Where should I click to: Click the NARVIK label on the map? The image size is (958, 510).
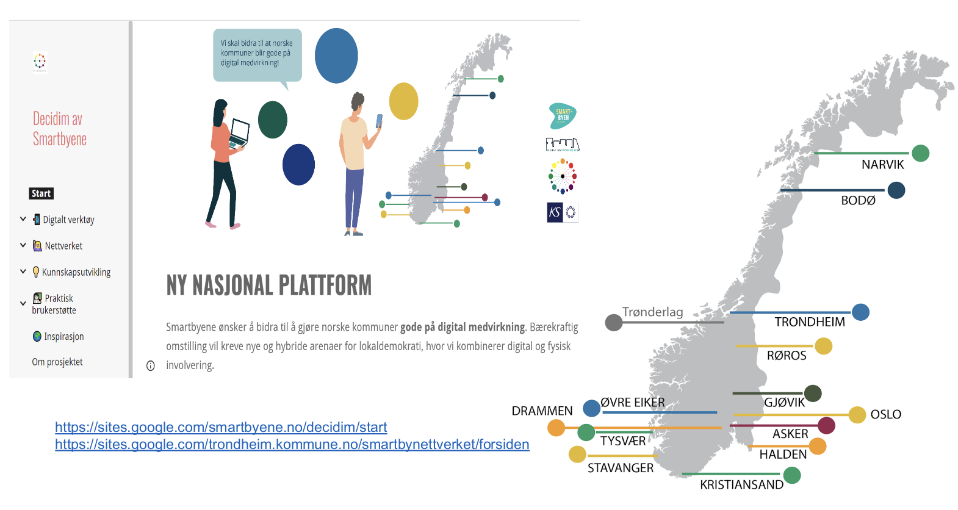[882, 165]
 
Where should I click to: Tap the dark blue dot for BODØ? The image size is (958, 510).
[896, 190]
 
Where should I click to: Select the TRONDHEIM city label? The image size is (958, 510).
[810, 322]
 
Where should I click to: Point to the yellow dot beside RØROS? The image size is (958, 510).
[823, 347]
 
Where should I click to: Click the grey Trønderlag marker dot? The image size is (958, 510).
[613, 322]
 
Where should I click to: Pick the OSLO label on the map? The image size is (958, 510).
[885, 415]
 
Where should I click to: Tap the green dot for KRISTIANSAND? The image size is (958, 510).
[791, 475]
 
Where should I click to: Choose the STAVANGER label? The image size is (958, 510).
[620, 468]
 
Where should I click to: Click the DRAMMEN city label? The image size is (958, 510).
[542, 411]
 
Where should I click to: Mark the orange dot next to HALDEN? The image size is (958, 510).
[817, 447]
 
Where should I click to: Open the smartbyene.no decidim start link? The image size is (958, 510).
[221, 428]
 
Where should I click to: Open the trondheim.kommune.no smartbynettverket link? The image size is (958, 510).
[292, 445]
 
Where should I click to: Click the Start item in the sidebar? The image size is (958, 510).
[41, 194]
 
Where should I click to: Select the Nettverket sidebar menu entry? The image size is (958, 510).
[63, 246]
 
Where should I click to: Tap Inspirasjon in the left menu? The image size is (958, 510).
[63, 337]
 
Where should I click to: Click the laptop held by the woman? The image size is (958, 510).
[239, 134]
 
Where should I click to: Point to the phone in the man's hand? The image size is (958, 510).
[379, 121]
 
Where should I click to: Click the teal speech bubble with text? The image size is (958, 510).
[257, 55]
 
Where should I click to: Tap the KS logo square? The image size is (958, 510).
[555, 212]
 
